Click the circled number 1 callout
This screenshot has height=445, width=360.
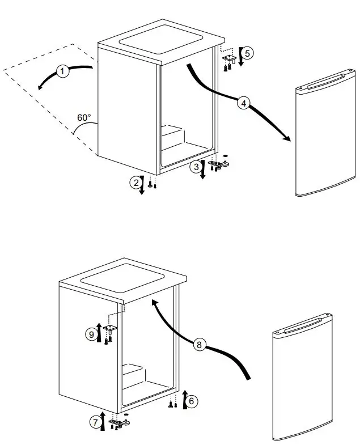[x=63, y=71]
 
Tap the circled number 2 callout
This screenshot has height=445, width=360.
[x=135, y=182]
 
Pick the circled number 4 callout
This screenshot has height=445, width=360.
[x=243, y=103]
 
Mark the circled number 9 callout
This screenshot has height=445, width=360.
[x=91, y=334]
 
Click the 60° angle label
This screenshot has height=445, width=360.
[x=84, y=118]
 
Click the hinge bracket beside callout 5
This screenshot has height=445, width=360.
[x=230, y=58]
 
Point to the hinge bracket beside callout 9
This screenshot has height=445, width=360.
[x=109, y=329]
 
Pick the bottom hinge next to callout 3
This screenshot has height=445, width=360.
[x=219, y=164]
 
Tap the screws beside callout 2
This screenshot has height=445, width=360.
[x=151, y=184]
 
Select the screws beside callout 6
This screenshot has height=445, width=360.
[x=173, y=404]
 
